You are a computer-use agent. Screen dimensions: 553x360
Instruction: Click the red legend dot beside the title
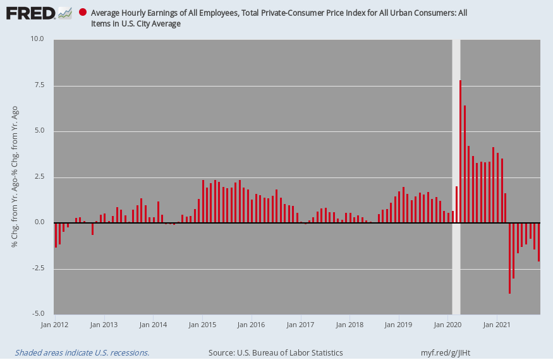pyautogui.click(x=83, y=13)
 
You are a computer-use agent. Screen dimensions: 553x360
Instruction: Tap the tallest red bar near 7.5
pyautogui.click(x=460, y=152)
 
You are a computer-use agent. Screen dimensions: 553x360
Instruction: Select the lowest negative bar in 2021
pyautogui.click(x=509, y=258)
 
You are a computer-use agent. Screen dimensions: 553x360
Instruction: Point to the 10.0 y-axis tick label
pyautogui.click(x=37, y=39)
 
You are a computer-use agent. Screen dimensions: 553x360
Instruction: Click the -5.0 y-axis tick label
pyautogui.click(x=37, y=313)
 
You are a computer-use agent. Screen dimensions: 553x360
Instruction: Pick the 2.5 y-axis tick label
pyautogui.click(x=38, y=176)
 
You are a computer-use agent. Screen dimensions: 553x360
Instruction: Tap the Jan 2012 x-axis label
pyautogui.click(x=54, y=325)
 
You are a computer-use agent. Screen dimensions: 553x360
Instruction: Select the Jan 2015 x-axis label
pyautogui.click(x=202, y=325)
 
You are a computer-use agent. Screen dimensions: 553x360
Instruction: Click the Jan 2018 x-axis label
pyautogui.click(x=349, y=325)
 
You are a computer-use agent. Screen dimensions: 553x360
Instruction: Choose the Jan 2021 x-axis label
pyautogui.click(x=497, y=325)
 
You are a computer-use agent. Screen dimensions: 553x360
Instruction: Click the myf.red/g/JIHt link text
pyautogui.click(x=446, y=352)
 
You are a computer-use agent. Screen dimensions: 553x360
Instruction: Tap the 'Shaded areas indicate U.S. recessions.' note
pyautogui.click(x=82, y=352)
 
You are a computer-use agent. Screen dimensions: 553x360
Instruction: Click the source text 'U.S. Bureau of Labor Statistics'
pyautogui.click(x=290, y=352)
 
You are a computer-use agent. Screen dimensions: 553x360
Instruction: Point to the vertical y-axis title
pyautogui.click(x=15, y=176)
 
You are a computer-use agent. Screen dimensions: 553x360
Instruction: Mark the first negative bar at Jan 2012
pyautogui.click(x=56, y=235)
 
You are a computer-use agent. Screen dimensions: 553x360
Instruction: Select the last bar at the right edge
pyautogui.click(x=539, y=243)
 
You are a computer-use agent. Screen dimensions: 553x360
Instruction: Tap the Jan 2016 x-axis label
pyautogui.click(x=251, y=325)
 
